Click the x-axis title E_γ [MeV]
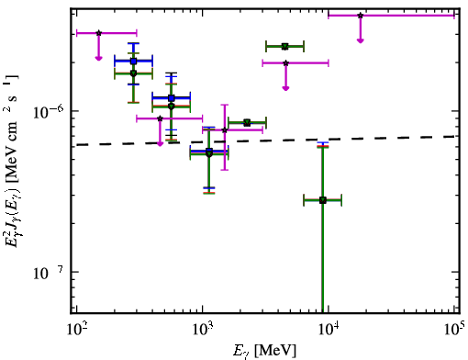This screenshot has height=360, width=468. click(x=264, y=351)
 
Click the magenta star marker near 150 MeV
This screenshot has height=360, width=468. click(x=98, y=33)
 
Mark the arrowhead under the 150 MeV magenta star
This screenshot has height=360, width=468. click(x=98, y=58)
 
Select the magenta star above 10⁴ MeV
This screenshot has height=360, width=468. click(x=361, y=16)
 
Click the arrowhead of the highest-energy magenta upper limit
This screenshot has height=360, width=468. click(x=361, y=40)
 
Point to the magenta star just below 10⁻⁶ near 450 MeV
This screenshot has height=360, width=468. click(x=160, y=118)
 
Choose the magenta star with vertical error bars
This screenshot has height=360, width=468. click(x=225, y=130)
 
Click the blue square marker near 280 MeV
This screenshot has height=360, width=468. click(x=133, y=62)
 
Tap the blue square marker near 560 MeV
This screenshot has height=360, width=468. click(x=172, y=98)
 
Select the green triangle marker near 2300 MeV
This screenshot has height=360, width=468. click(x=247, y=123)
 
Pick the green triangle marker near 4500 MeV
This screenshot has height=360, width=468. click(x=285, y=47)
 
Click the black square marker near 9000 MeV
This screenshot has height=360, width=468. click(x=323, y=200)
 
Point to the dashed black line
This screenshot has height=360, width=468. click(x=265, y=141)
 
